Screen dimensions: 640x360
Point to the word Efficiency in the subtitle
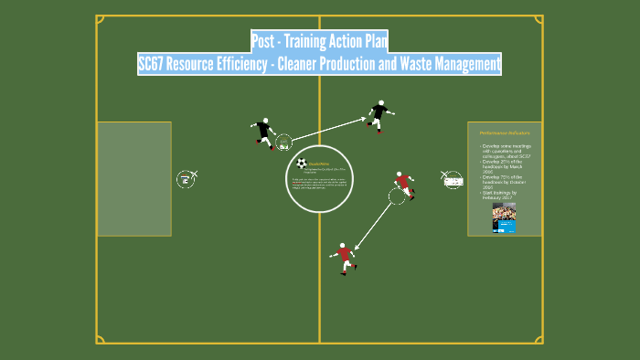coord(251,64)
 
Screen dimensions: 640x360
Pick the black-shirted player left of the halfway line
coord(264,133)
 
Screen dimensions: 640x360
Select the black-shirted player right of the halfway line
coord(379,116)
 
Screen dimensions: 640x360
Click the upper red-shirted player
coord(403,184)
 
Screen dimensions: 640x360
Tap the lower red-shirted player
coord(345,258)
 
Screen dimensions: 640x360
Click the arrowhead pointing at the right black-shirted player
coord(363,118)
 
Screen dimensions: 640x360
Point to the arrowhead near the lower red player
coord(357,245)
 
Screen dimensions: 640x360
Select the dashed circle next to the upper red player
coord(397,196)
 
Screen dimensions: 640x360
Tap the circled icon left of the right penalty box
coord(453,180)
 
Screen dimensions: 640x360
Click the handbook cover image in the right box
coord(504,217)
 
